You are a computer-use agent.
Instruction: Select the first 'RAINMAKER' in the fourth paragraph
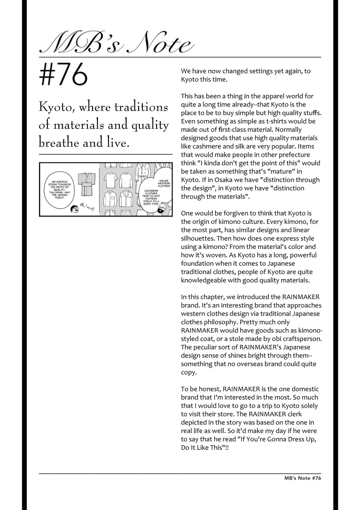[x=301, y=297]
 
